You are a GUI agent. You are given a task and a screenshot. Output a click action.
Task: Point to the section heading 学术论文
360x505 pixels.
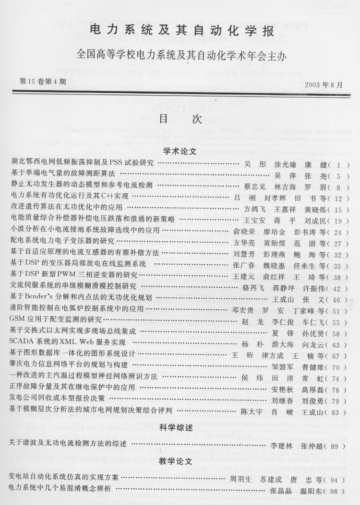point(180,151)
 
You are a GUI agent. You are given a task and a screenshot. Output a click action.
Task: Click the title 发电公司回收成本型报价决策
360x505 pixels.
point(57,399)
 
